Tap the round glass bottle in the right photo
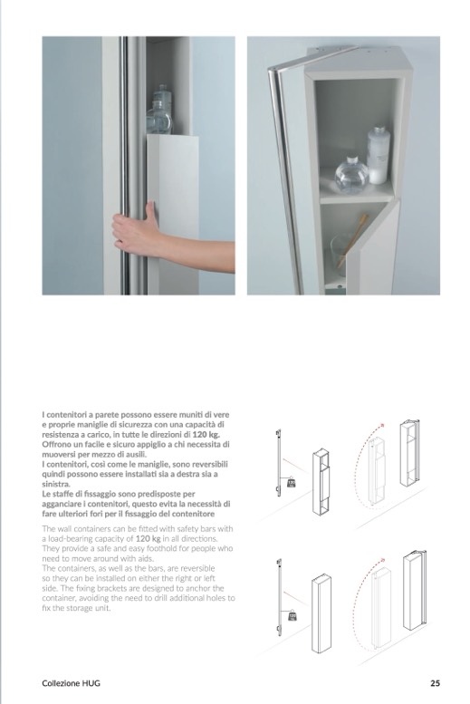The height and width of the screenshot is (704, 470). click(x=351, y=175)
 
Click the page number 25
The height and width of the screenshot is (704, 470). click(x=435, y=683)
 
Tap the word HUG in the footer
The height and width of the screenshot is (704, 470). click(x=91, y=683)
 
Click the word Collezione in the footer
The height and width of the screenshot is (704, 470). click(x=61, y=683)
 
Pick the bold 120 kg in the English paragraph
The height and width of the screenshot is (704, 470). click(x=148, y=538)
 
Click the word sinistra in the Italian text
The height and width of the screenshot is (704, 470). click(x=55, y=484)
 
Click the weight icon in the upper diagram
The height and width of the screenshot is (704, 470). click(x=292, y=483)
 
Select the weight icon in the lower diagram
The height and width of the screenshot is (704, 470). click(x=292, y=615)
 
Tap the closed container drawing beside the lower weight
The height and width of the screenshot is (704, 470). click(x=321, y=612)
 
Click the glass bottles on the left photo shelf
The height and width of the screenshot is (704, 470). click(x=159, y=110)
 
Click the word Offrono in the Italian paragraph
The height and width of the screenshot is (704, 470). click(x=57, y=444)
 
